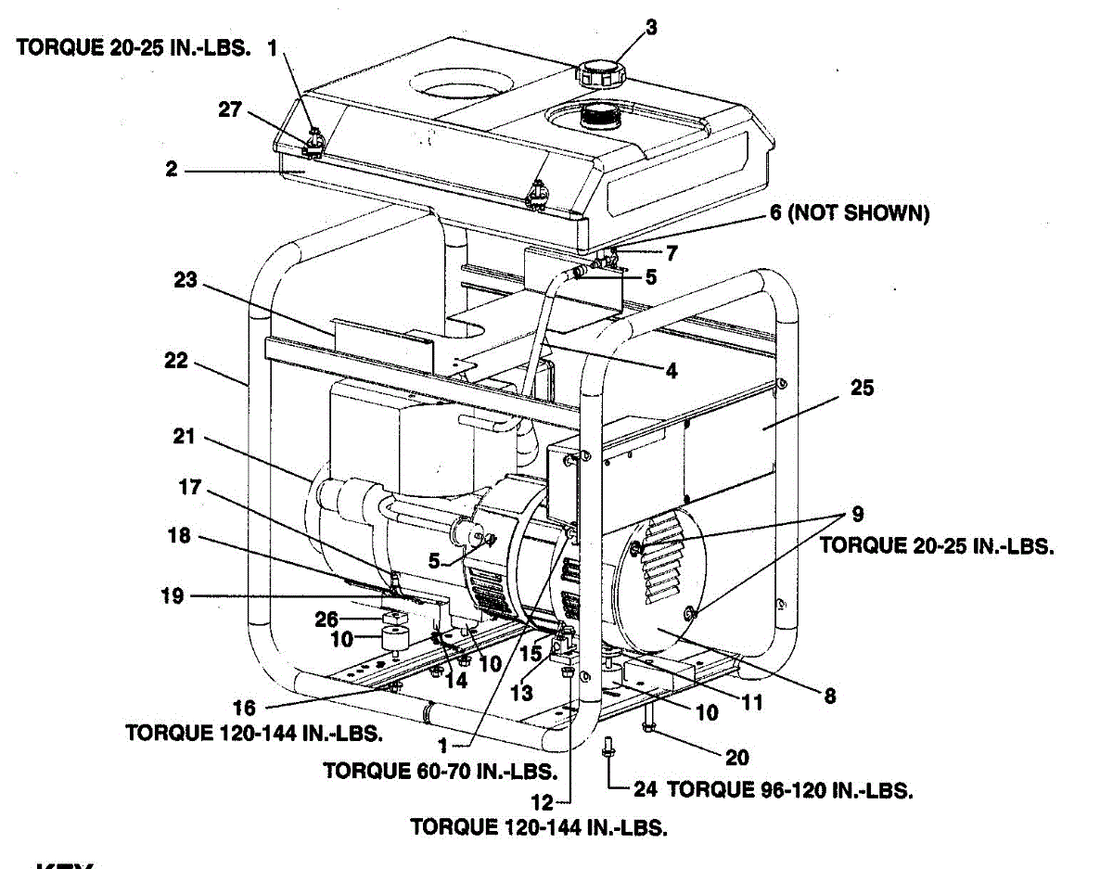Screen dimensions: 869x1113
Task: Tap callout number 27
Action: [230, 109]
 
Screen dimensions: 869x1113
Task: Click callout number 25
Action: [862, 388]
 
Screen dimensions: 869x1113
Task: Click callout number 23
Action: [186, 278]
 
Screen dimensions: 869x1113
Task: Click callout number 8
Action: [829, 695]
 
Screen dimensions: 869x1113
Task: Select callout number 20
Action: [736, 758]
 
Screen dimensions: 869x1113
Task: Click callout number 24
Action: [646, 789]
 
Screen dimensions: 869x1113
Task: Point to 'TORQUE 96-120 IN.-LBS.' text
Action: [790, 789]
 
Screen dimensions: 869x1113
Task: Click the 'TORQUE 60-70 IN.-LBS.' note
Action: [440, 770]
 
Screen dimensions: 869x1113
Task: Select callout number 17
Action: [190, 486]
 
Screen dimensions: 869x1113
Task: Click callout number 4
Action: [672, 371]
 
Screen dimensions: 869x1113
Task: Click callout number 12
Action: [545, 801]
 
